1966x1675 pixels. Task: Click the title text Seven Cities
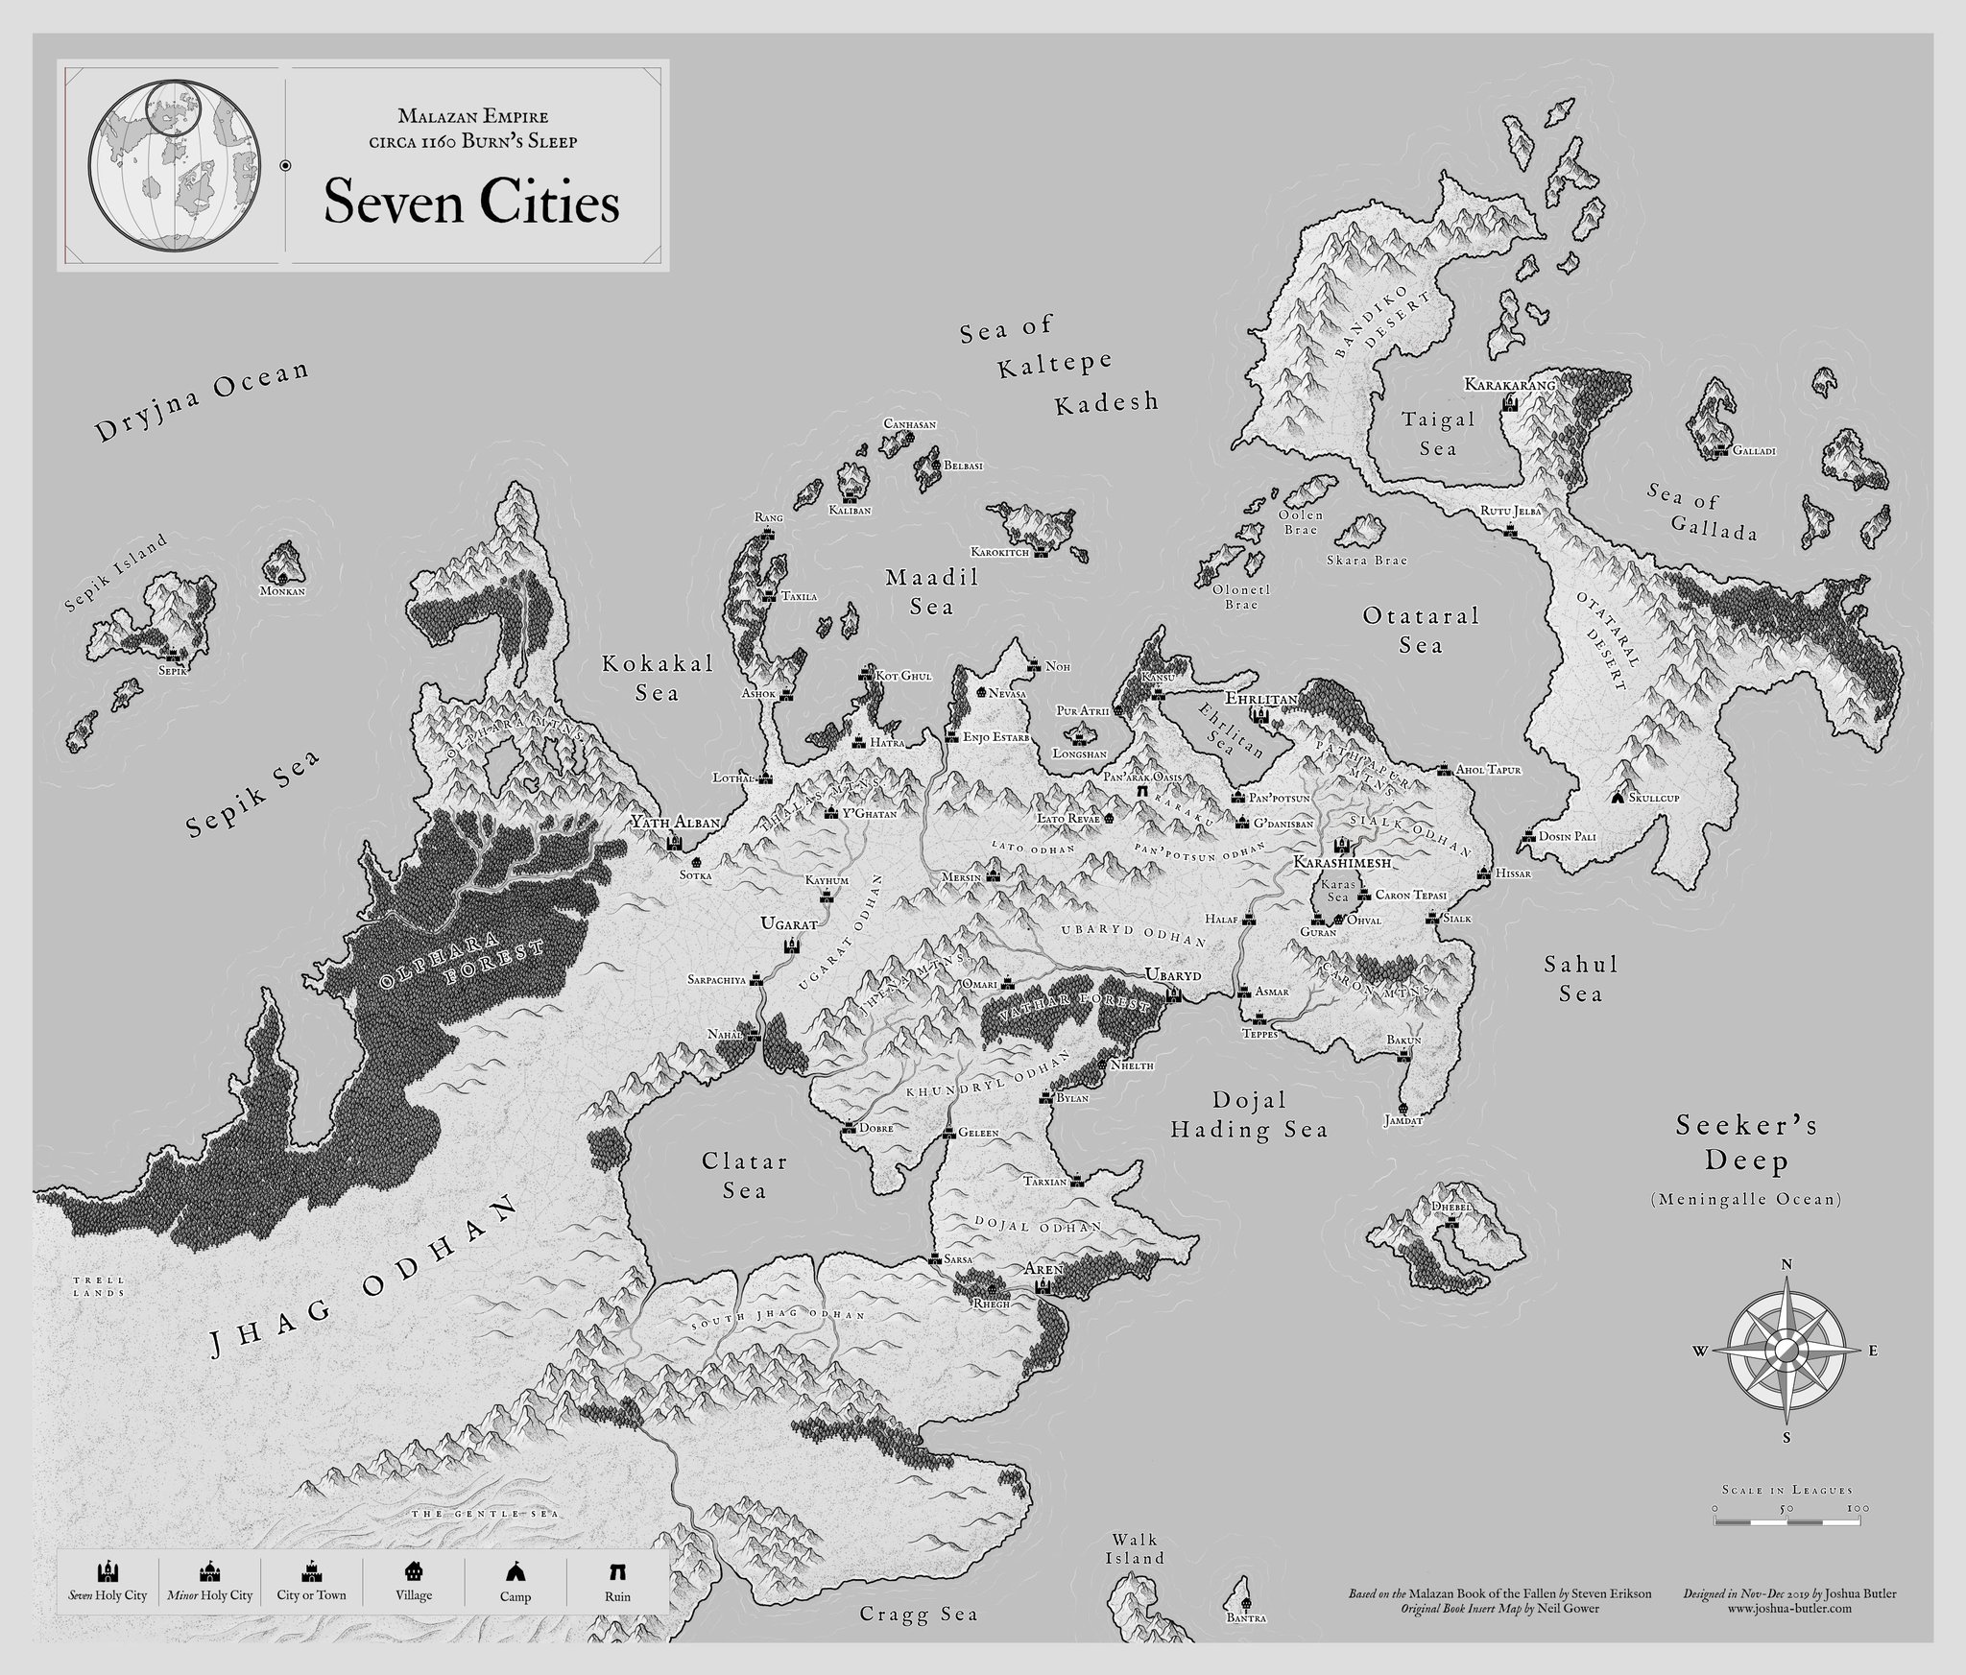[x=470, y=203]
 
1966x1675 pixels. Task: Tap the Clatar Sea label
[x=744, y=1176]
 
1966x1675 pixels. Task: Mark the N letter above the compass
[x=1786, y=1264]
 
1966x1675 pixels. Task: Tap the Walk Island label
[x=1134, y=1546]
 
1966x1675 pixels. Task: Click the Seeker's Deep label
[x=1746, y=1143]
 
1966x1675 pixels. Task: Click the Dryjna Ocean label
[x=204, y=402]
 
